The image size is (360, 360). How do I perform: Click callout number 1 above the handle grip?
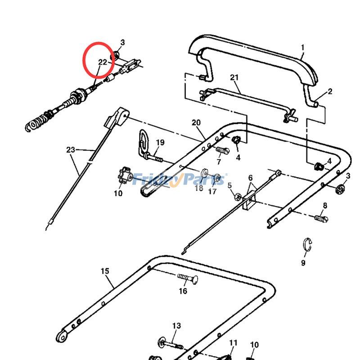coord(303,47)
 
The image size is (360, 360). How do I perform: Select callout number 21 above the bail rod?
coord(234,77)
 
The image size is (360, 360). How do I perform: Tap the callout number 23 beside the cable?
coord(71,149)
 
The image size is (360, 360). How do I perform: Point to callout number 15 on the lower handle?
coord(104,271)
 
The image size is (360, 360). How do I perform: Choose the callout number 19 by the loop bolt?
coord(160,143)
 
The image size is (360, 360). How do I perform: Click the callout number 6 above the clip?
coord(251,178)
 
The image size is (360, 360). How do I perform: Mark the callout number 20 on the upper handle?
coord(196,122)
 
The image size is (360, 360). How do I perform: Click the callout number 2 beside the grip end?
coord(330,91)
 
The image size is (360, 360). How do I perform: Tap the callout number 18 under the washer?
coord(199,188)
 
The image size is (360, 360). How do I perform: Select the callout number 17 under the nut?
coord(212,191)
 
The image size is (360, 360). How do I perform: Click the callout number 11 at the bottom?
coord(233,343)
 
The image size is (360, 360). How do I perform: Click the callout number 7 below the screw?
coord(219,162)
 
